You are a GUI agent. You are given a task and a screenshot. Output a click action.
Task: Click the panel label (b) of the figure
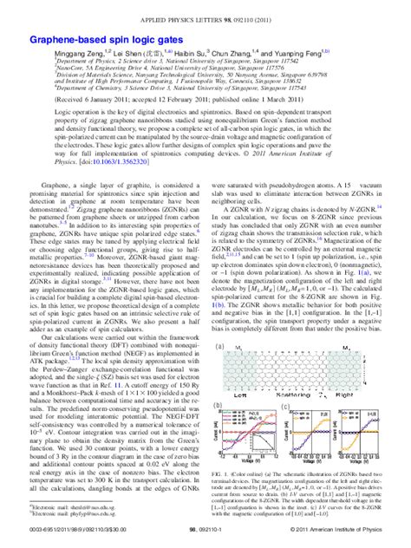point(218,401)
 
